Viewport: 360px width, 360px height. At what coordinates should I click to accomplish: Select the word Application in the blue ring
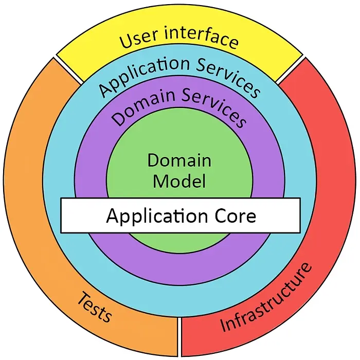(143, 73)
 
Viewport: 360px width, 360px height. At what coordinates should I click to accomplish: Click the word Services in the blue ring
(228, 78)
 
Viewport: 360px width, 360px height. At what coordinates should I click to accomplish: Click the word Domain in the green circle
(179, 160)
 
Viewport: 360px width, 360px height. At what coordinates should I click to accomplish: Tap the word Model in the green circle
(179, 181)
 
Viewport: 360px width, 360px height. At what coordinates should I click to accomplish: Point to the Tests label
(95, 307)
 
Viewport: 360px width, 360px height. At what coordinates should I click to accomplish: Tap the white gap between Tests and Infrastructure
(179, 336)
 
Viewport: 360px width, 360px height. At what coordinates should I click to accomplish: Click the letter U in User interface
(127, 41)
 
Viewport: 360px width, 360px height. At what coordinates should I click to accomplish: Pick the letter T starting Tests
(84, 298)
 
